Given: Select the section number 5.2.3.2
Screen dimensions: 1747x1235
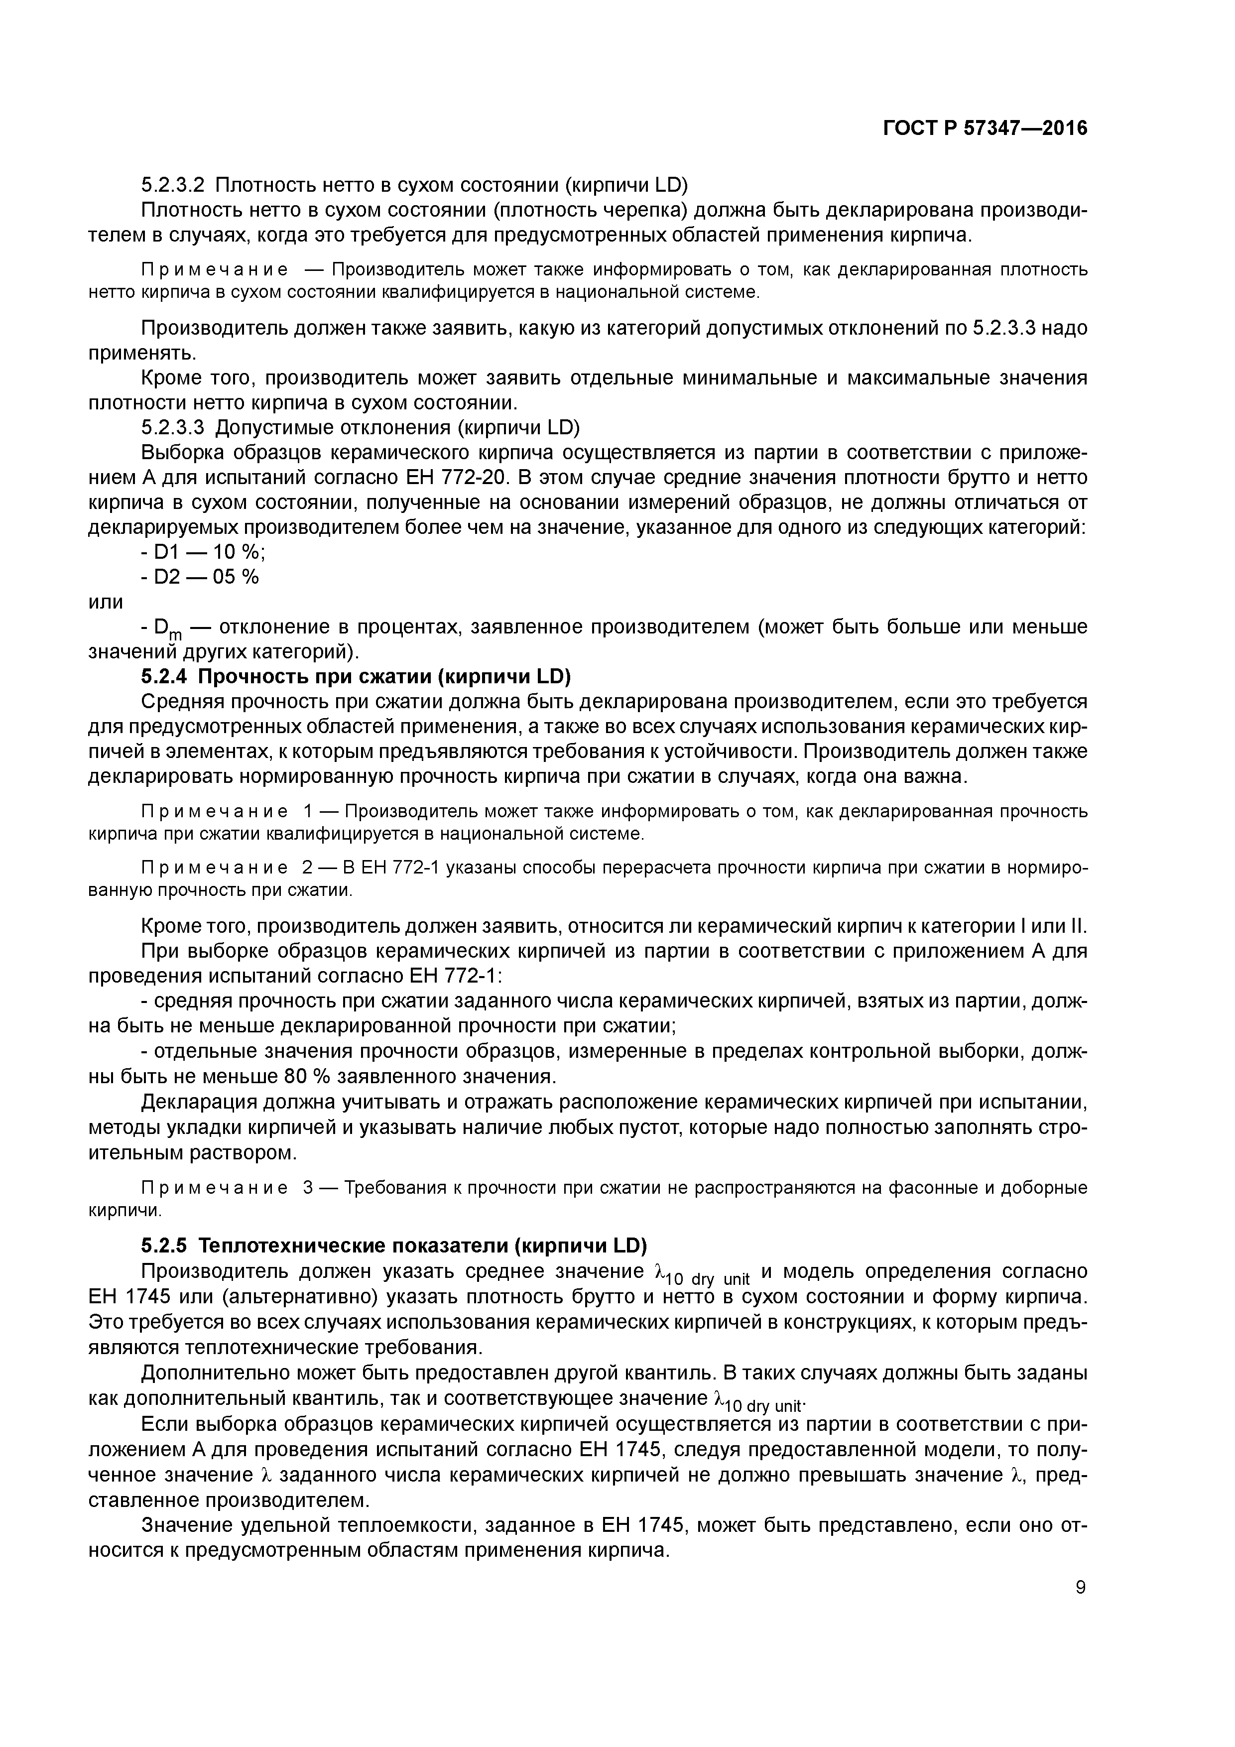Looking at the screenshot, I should coord(173,185).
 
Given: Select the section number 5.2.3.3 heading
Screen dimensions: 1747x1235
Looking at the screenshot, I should coord(173,428).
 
